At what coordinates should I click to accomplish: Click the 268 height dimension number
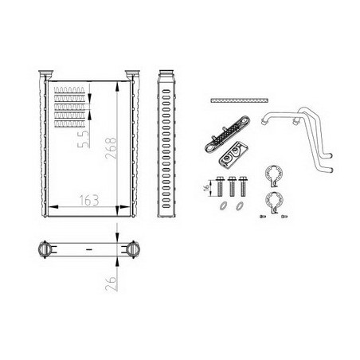(111, 148)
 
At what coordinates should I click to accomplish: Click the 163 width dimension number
(89, 201)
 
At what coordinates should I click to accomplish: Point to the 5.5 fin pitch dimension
(84, 139)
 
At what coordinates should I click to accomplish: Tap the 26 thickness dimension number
(112, 284)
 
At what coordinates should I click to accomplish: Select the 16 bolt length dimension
(206, 187)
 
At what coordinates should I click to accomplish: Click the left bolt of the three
(220, 186)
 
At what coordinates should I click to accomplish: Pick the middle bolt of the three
(232, 186)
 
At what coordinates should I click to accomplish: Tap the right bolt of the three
(242, 186)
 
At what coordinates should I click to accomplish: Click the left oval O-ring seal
(223, 205)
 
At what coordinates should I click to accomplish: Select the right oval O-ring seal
(240, 205)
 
